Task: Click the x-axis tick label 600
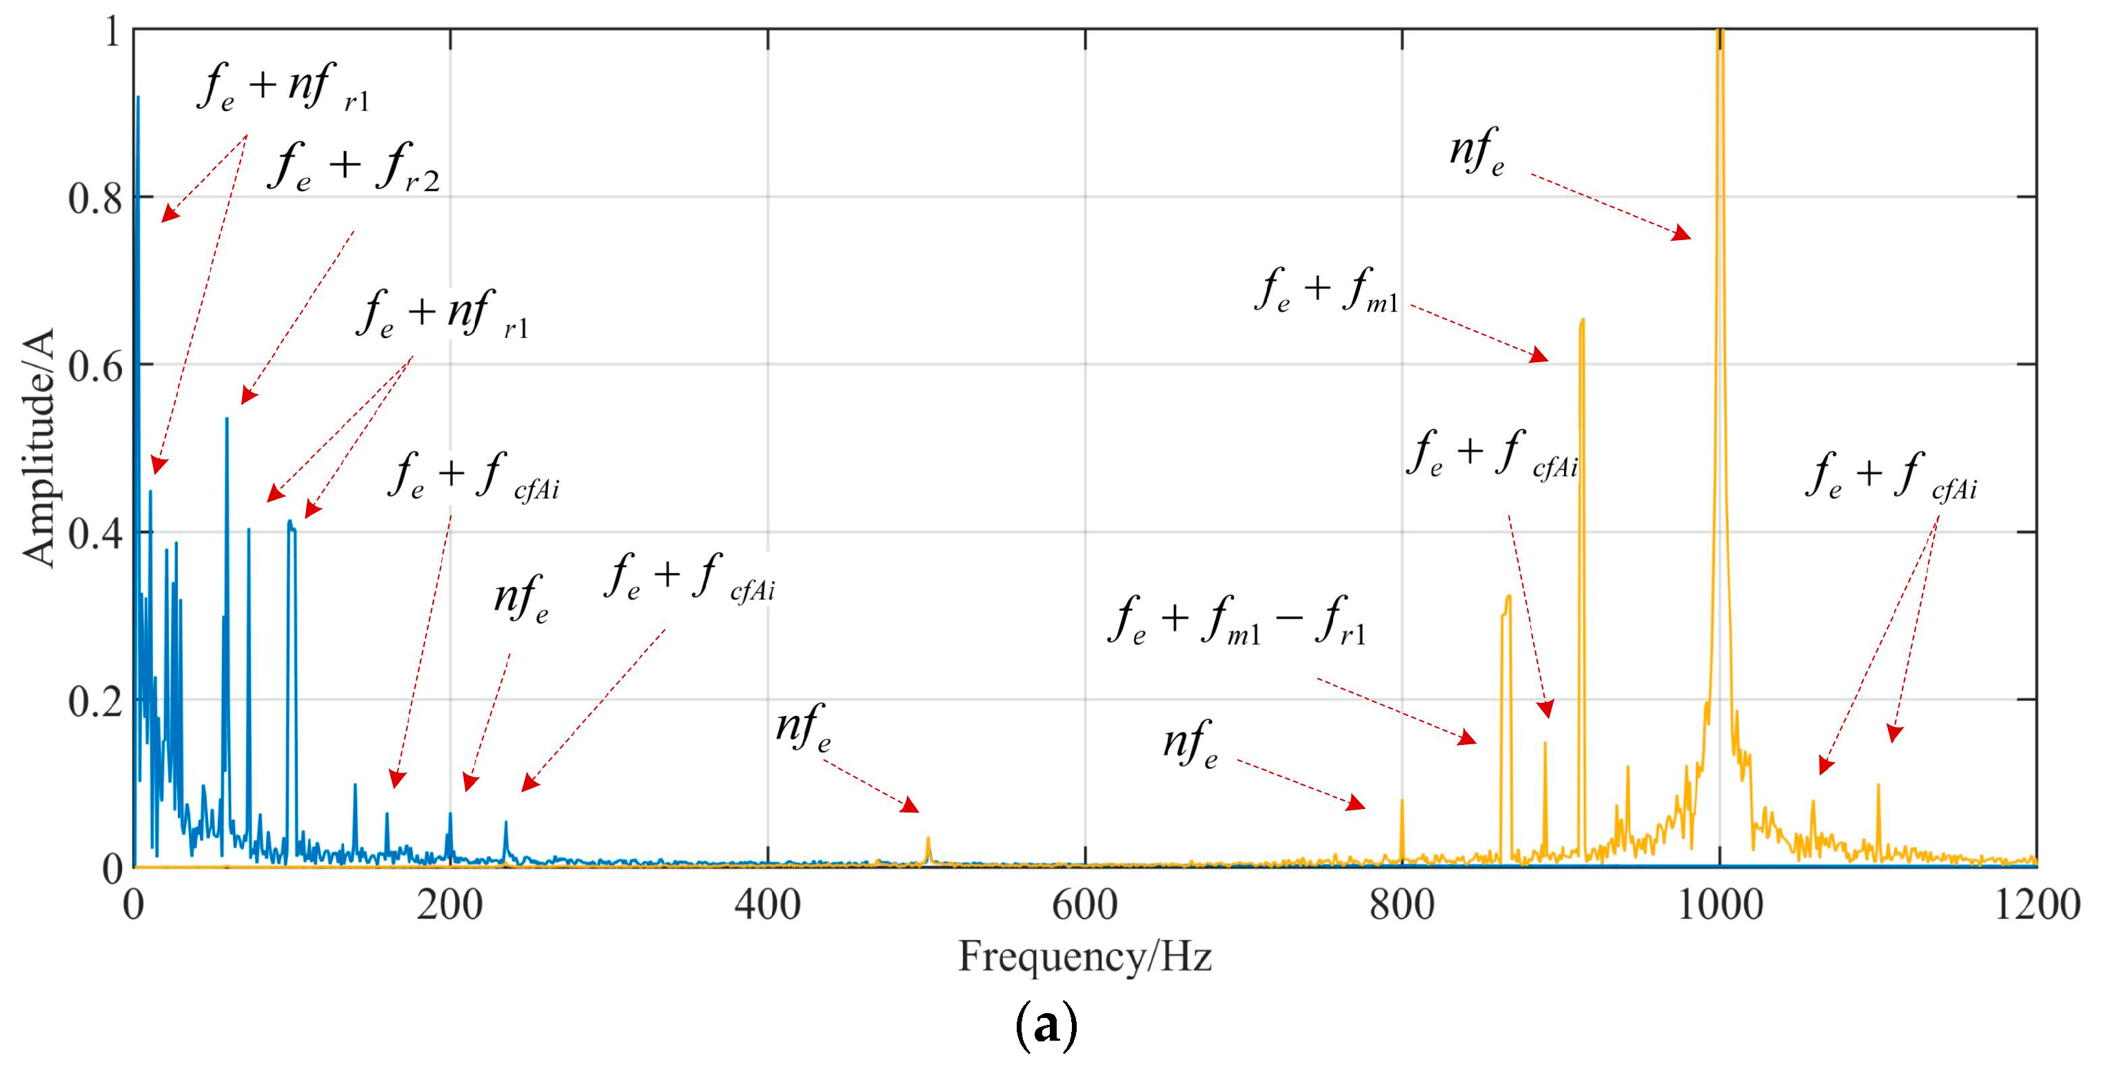click(x=1084, y=905)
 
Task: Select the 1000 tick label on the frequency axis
click(x=1719, y=905)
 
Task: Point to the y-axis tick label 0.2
click(x=94, y=701)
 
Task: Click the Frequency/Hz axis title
click(x=1084, y=956)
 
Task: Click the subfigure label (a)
click(x=1046, y=1026)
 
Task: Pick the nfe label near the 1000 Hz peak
click(x=1476, y=153)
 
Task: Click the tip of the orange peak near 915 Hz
click(x=1582, y=321)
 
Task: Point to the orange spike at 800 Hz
click(x=1402, y=801)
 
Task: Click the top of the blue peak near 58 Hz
click(x=227, y=419)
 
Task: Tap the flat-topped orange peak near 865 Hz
click(x=1506, y=598)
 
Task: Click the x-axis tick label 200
click(x=449, y=905)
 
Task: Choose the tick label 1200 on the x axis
click(x=2036, y=905)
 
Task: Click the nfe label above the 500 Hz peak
click(x=802, y=728)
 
